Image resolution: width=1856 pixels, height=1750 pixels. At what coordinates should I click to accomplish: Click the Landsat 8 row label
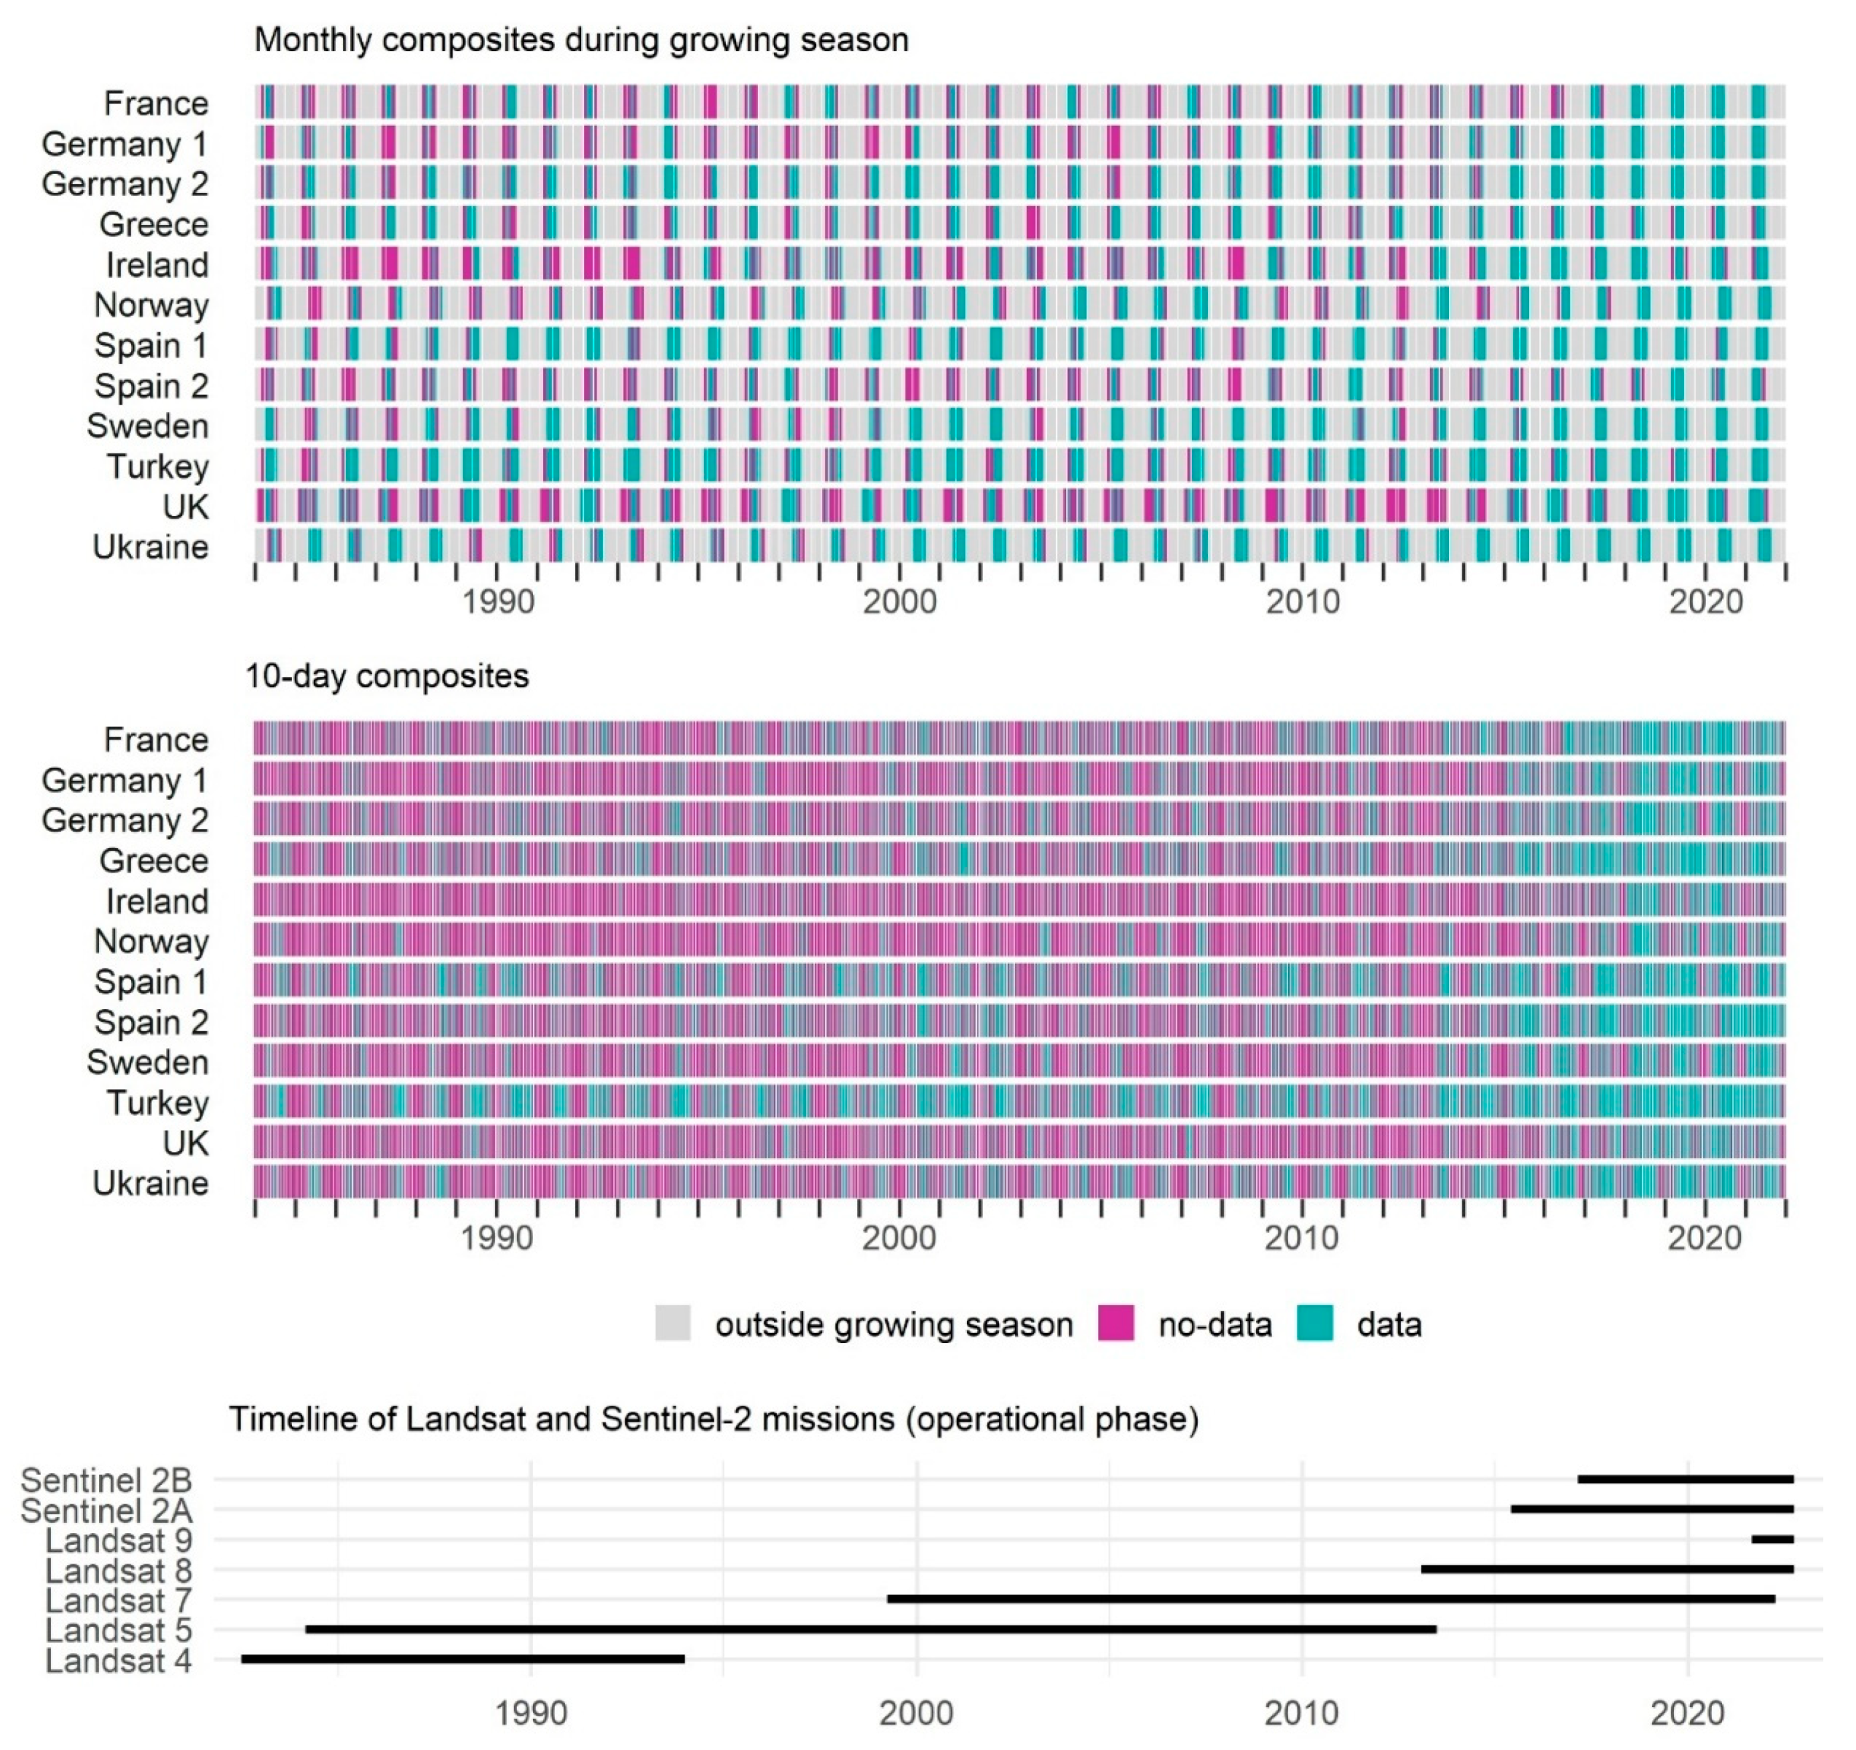pos(119,1571)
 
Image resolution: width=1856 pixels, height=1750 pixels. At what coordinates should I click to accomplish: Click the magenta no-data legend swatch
pos(1115,1324)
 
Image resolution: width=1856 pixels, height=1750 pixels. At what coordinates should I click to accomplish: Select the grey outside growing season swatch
pos(672,1324)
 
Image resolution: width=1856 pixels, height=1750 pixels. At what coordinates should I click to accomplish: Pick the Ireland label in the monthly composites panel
pos(157,265)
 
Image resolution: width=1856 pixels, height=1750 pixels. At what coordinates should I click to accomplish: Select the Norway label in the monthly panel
pos(151,305)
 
